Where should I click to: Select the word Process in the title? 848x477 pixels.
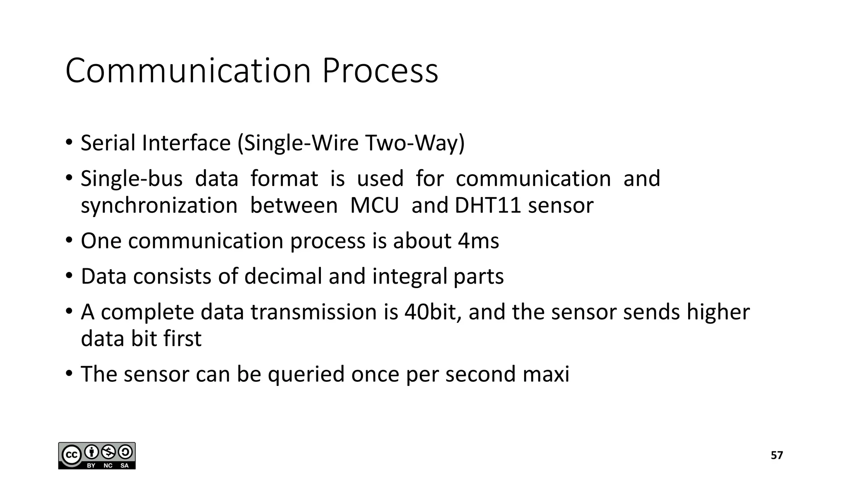380,71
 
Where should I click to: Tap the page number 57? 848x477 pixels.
777,455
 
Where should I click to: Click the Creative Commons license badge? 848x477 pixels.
97,455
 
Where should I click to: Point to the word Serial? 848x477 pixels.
108,143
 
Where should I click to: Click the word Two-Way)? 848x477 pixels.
415,143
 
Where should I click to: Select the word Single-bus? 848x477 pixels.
131,179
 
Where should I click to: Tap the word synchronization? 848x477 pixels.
159,205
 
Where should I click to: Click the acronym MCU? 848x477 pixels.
374,205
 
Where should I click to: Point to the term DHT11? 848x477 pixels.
487,205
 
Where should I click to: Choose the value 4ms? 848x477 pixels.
478,241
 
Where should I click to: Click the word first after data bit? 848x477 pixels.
182,339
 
